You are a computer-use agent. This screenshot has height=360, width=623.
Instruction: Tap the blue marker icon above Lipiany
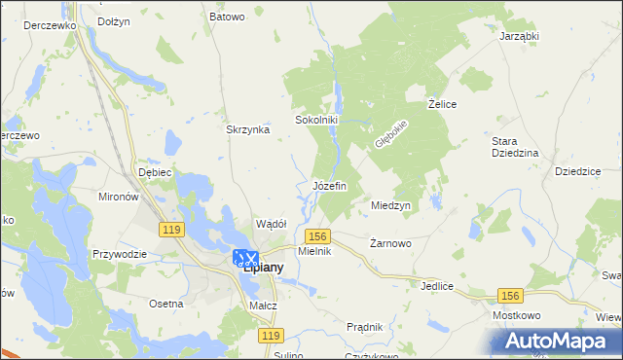(246, 258)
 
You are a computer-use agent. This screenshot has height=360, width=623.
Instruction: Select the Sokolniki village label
(315, 121)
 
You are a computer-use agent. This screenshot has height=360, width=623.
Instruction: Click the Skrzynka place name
(247, 129)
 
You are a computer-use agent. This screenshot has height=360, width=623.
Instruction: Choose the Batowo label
(227, 17)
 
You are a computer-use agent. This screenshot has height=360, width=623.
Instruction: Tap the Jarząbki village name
(519, 36)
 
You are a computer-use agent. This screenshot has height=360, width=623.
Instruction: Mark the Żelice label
(443, 103)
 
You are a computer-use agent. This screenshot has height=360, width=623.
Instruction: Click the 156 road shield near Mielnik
(317, 236)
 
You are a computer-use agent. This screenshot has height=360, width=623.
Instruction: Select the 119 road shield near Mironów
(171, 229)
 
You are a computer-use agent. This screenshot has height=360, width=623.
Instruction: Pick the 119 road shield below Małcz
(272, 335)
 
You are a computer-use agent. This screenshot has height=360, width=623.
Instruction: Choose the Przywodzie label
(119, 254)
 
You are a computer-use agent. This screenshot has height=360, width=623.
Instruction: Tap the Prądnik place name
(364, 327)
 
